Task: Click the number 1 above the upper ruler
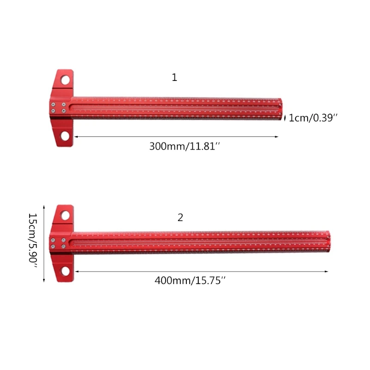[x=174, y=77]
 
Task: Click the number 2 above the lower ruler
[x=180, y=217]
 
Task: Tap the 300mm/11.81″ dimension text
[x=185, y=146]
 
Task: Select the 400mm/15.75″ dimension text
[x=190, y=281]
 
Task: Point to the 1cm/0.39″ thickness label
[x=313, y=118]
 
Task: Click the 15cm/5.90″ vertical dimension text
[x=33, y=240]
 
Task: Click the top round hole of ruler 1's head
[x=65, y=80]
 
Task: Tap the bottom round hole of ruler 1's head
[x=65, y=136]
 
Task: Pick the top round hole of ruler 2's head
[x=65, y=215]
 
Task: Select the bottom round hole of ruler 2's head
[x=65, y=271]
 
